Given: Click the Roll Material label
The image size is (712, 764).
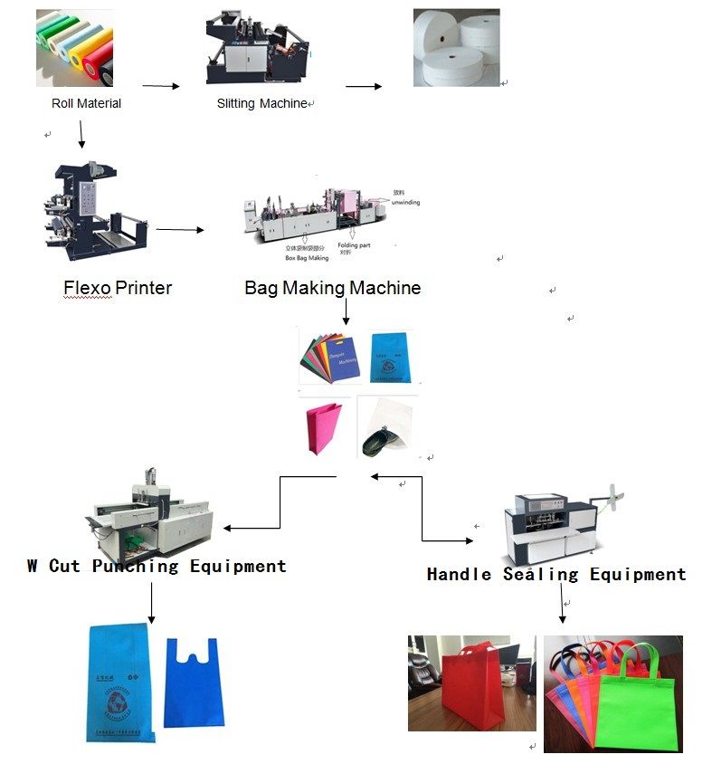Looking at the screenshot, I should [x=86, y=103].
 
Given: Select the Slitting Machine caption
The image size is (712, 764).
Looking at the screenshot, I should [x=261, y=103].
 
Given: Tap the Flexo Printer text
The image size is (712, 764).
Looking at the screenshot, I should [x=118, y=288].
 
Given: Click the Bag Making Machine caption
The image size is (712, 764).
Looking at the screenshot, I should [x=332, y=288].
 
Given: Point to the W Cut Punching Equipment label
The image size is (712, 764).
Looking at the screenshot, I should [x=157, y=566].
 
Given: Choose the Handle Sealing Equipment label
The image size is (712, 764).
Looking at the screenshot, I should [x=556, y=574].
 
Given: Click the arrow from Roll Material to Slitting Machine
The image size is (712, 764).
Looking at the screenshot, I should [x=161, y=87].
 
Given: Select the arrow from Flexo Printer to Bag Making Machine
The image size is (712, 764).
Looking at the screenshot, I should [x=179, y=230].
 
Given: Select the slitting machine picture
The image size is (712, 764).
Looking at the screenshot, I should [x=258, y=45].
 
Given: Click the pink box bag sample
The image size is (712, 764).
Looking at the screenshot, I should [x=325, y=426].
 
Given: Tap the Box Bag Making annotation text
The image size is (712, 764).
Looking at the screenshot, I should [x=307, y=257].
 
